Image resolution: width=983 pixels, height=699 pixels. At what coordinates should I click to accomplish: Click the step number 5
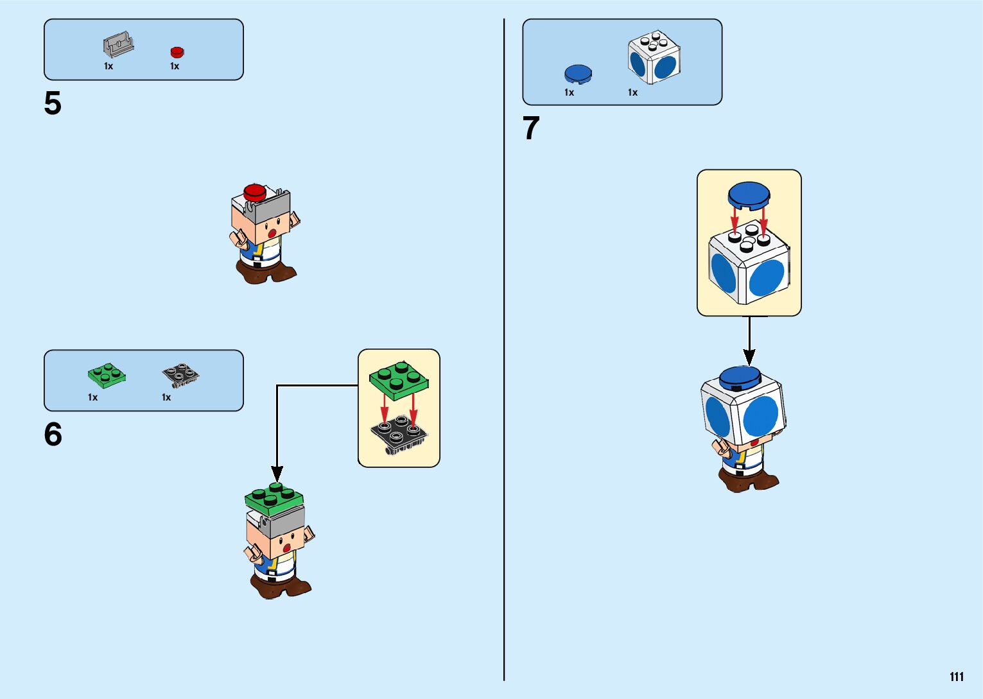[53, 103]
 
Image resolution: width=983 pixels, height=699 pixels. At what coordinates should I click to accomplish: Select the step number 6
[53, 435]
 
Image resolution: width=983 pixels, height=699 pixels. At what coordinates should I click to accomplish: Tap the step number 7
[531, 128]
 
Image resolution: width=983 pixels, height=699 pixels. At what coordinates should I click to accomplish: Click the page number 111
[956, 677]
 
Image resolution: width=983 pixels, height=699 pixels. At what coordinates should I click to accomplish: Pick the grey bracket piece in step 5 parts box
[118, 44]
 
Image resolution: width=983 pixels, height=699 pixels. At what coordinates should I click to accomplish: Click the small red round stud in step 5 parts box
[177, 52]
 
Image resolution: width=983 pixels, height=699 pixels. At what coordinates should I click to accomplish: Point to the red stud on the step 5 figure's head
[255, 191]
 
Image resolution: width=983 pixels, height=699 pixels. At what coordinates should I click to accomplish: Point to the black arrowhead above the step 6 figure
[277, 474]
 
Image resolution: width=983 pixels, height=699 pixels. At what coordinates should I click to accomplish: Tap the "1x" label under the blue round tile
[569, 92]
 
